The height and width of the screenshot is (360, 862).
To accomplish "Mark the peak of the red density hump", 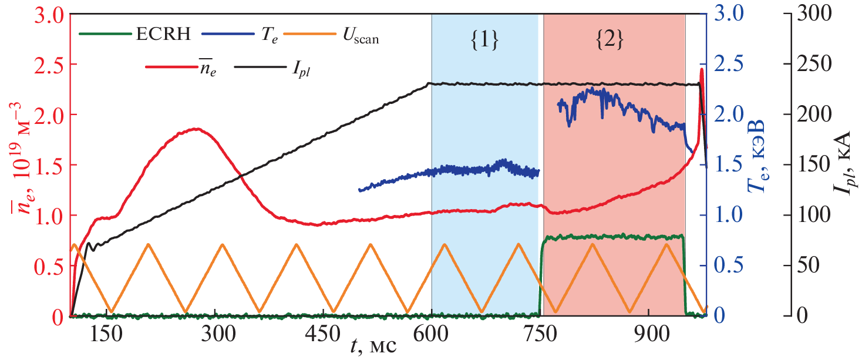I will [196, 129].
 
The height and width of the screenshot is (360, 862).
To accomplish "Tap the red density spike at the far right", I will [701, 70].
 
